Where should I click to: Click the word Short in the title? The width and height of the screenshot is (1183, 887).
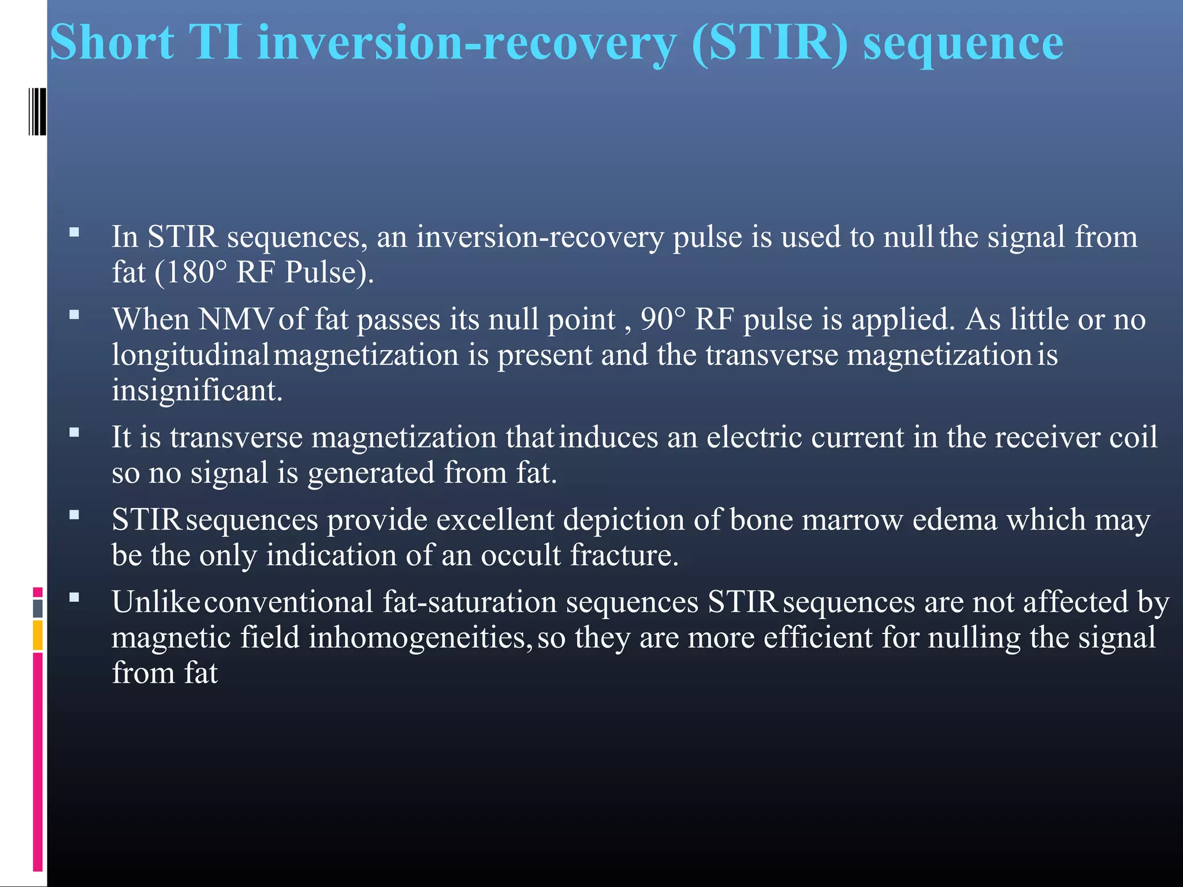click(x=111, y=43)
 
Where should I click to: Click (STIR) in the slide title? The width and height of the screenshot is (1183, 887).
click(x=769, y=44)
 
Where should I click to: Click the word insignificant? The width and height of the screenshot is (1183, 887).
click(x=196, y=390)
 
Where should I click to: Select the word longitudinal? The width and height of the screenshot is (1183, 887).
click(x=190, y=355)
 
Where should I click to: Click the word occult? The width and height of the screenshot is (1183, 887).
click(x=520, y=556)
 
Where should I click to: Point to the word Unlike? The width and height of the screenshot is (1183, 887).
click(x=156, y=602)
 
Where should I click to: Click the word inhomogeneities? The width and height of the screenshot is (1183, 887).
click(x=416, y=638)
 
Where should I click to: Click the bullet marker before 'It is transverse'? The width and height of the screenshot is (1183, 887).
click(x=74, y=432)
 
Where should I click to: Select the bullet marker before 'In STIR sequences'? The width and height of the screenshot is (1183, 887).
click(x=74, y=232)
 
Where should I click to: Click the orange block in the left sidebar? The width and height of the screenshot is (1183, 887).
click(x=38, y=635)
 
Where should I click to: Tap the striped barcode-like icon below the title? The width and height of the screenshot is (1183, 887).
click(x=37, y=111)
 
